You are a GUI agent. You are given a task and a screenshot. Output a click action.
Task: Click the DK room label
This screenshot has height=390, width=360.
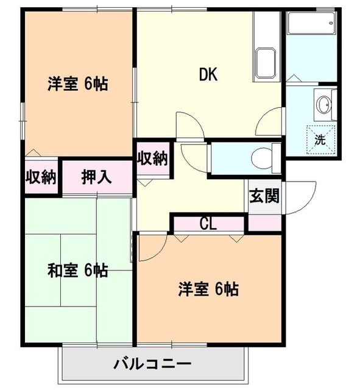208,75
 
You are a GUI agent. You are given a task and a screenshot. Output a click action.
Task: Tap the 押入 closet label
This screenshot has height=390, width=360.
97,177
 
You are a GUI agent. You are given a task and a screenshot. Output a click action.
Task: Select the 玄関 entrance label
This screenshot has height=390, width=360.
264,196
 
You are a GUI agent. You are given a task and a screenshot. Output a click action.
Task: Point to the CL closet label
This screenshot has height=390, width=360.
208,224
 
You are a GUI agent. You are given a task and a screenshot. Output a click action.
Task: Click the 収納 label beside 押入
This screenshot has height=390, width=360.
41,177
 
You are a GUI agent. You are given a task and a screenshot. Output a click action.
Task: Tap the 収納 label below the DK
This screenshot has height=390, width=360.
152,158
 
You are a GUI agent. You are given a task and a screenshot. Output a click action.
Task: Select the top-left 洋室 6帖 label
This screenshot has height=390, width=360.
78,85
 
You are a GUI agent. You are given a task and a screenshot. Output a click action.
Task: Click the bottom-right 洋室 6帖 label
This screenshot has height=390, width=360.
208,288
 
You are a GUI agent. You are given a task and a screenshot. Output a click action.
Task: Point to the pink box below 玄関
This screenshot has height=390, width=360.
264,223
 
